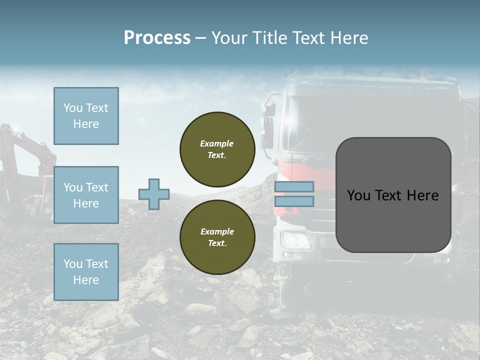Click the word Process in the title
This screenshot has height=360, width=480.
[157, 38]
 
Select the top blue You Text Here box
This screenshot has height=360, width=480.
[86, 116]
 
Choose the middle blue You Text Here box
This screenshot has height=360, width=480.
[86, 195]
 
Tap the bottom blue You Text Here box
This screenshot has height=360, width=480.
[86, 272]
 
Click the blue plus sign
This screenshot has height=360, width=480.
[154, 194]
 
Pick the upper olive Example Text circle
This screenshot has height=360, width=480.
[217, 149]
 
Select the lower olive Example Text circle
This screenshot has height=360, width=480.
[217, 237]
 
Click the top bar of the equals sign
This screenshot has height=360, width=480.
[294, 186]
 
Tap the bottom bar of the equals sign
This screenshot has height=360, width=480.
[294, 201]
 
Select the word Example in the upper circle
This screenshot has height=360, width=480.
[216, 143]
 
